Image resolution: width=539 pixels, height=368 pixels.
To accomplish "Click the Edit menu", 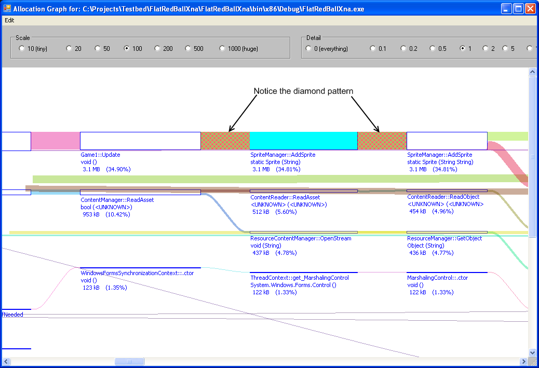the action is click(x=9, y=20).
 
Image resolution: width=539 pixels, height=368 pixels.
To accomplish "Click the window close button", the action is click(x=530, y=9).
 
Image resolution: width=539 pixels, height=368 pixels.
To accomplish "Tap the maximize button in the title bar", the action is click(x=518, y=9).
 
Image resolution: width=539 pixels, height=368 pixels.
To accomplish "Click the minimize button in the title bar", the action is click(x=506, y=9).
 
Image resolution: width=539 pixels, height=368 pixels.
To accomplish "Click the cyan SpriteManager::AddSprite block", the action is click(x=304, y=141).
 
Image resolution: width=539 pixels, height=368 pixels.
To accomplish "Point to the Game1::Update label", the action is click(x=100, y=155).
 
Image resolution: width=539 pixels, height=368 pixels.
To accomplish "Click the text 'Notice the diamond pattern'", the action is click(x=304, y=91).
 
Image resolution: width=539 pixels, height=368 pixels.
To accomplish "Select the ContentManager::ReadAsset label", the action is click(x=117, y=200).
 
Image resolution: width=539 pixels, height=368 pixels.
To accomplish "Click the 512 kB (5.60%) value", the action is click(x=274, y=212).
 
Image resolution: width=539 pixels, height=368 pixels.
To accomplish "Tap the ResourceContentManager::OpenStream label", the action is click(x=301, y=238).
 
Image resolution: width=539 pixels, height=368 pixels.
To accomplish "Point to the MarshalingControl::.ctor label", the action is click(x=438, y=278).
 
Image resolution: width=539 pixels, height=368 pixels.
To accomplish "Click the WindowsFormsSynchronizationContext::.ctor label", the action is click(x=137, y=273).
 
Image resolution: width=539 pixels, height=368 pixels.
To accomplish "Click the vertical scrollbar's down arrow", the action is click(x=532, y=352).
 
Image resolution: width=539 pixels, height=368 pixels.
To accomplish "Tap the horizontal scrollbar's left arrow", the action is click(x=6, y=361).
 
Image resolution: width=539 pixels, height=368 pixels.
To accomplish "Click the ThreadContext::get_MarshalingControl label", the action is click(x=300, y=278).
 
